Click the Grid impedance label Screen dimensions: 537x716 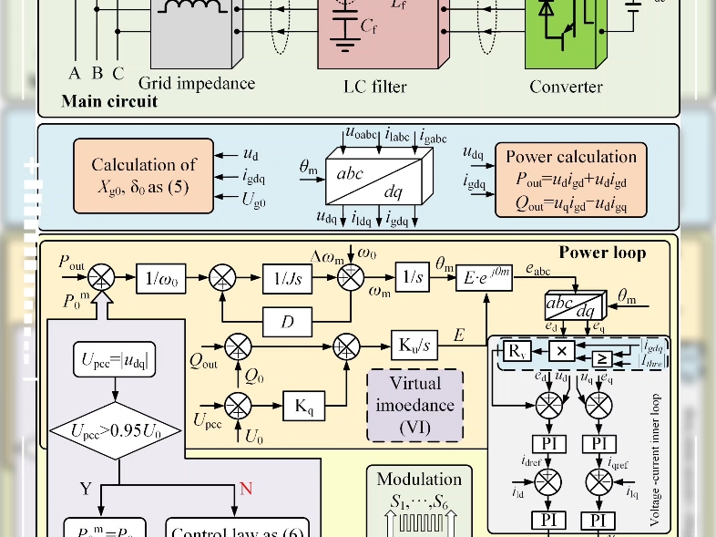[x=197, y=84]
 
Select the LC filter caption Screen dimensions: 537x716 [x=374, y=87]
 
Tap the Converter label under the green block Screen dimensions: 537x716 [x=566, y=87]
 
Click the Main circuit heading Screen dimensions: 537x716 [x=109, y=101]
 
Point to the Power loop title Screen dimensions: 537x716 [x=602, y=252]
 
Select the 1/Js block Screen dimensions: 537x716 [x=289, y=277]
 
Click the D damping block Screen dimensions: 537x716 [x=288, y=321]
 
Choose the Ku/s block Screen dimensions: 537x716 [x=414, y=346]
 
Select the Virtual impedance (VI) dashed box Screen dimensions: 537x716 [x=414, y=405]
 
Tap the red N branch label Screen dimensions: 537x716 [x=245, y=490]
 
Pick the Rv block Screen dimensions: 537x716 [x=517, y=352]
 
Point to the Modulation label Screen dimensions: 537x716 [x=419, y=480]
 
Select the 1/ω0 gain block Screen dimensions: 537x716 [x=161, y=277]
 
